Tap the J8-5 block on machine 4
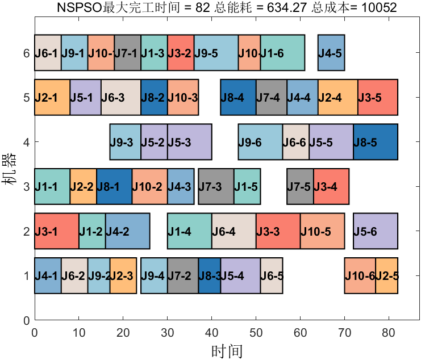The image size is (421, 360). [x=375, y=141]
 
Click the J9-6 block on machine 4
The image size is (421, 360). [x=260, y=141]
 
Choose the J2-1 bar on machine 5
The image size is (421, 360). [x=52, y=97]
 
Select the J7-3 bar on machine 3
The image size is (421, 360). [x=216, y=186]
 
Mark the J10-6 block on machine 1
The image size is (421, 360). [x=360, y=275]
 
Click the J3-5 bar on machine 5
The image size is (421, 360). [x=377, y=97]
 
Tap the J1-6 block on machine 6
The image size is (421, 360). [x=282, y=53]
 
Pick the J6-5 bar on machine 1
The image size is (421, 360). [x=272, y=275]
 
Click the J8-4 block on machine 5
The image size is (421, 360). [x=238, y=97]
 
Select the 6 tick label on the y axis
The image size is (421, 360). [x=26, y=53]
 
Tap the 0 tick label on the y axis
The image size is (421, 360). [x=26, y=320]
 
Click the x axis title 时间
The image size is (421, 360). [x=227, y=351]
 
